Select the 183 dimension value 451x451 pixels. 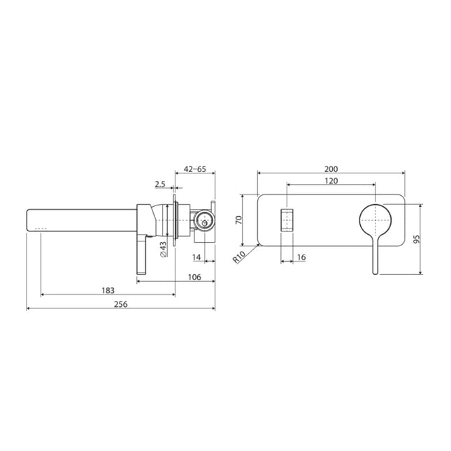pyautogui.click(x=108, y=289)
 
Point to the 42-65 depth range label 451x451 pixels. pyautogui.click(x=194, y=169)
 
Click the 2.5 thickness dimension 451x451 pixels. pyautogui.click(x=159, y=185)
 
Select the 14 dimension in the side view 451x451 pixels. pyautogui.click(x=196, y=257)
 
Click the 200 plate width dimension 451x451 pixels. pyautogui.click(x=331, y=169)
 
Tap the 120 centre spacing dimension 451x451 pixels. pyautogui.click(x=331, y=181)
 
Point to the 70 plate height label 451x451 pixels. pyautogui.click(x=238, y=219)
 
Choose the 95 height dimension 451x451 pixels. pyautogui.click(x=417, y=238)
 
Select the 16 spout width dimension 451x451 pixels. pyautogui.click(x=301, y=257)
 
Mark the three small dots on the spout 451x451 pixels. pyautogui.click(x=40, y=228)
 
